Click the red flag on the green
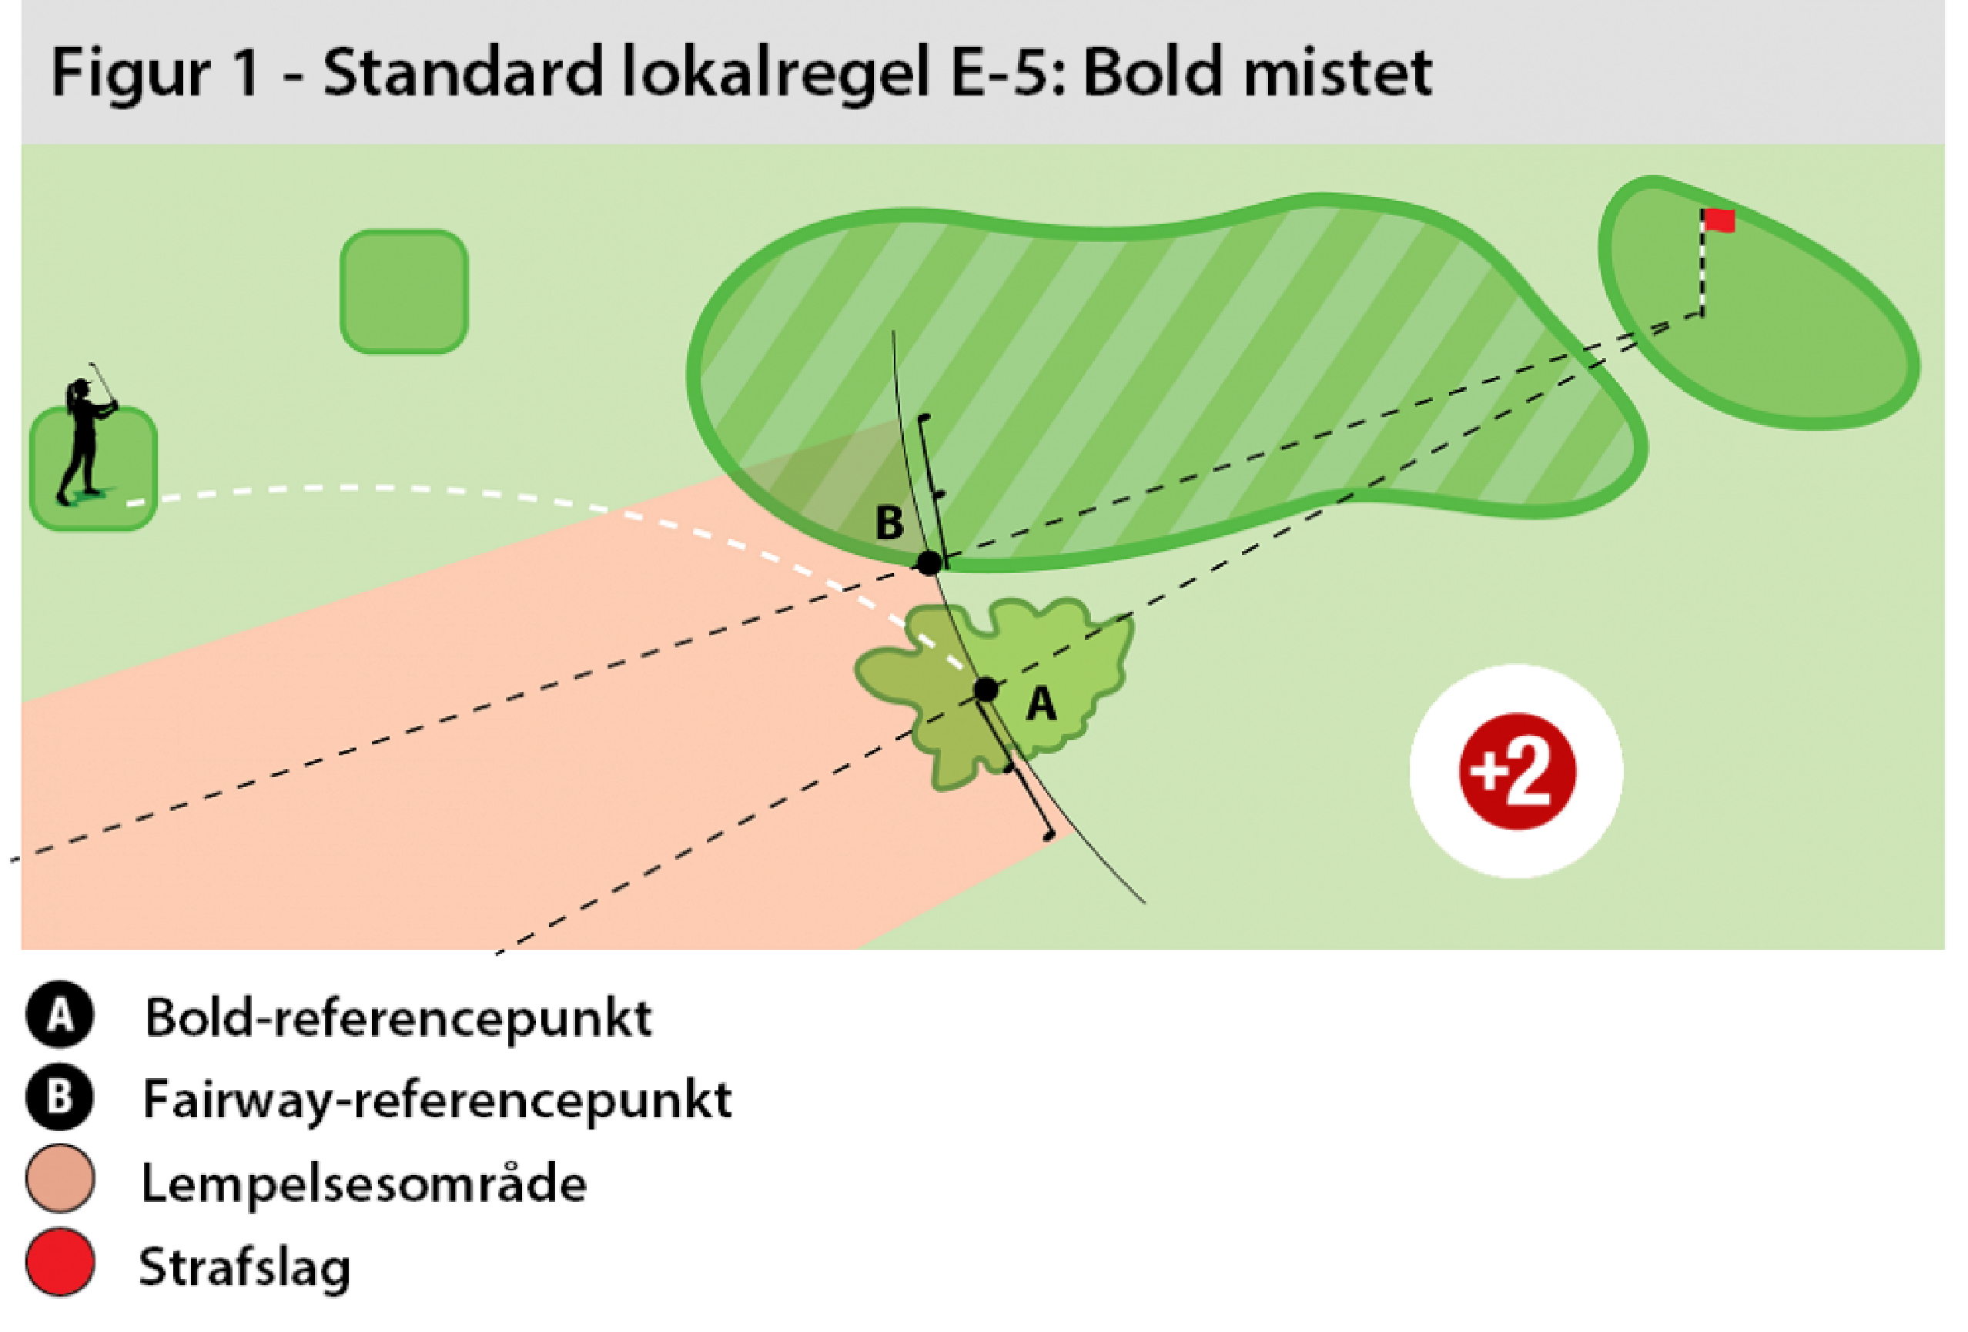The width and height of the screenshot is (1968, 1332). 1719,221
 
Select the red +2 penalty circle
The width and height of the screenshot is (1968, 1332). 1517,771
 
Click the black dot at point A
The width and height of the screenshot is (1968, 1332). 986,689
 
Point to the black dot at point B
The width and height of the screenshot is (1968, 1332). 929,561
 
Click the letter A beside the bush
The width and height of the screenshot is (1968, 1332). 1041,704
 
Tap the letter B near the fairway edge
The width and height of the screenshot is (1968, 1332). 889,523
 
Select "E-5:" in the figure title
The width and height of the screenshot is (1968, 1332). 1010,73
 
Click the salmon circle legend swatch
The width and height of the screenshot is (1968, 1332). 60,1179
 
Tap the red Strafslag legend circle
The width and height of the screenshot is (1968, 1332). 60,1262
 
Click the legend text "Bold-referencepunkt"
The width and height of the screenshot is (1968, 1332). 398,1017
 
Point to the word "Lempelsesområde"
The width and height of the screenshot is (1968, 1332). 363,1183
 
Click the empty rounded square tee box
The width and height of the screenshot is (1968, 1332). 404,291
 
